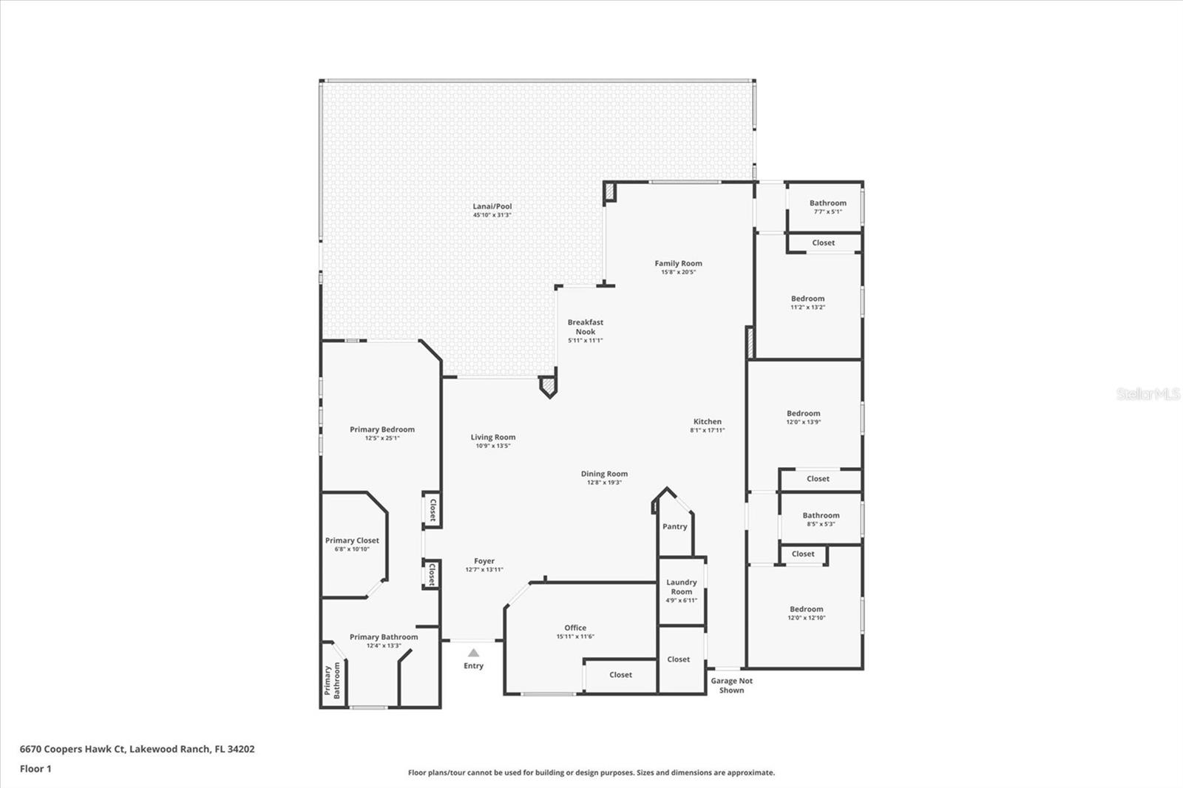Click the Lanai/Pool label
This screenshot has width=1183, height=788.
492,206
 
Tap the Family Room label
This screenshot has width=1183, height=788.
679,263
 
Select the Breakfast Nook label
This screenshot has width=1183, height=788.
585,327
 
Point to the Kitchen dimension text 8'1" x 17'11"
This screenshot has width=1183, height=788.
707,430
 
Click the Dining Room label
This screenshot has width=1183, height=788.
604,474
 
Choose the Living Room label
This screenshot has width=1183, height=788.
492,438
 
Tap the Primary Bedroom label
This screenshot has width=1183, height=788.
382,429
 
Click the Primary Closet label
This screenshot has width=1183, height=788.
352,540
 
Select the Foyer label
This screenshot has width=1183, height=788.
484,561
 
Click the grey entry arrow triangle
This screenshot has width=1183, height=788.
474,653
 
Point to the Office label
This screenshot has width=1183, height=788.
575,628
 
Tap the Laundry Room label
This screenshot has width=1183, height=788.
681,587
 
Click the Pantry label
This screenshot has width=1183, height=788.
675,526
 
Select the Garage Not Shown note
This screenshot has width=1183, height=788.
731,685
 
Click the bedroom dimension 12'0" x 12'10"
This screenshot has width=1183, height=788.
807,618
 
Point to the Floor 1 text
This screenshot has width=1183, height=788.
36,769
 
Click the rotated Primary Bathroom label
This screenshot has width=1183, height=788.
333,680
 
